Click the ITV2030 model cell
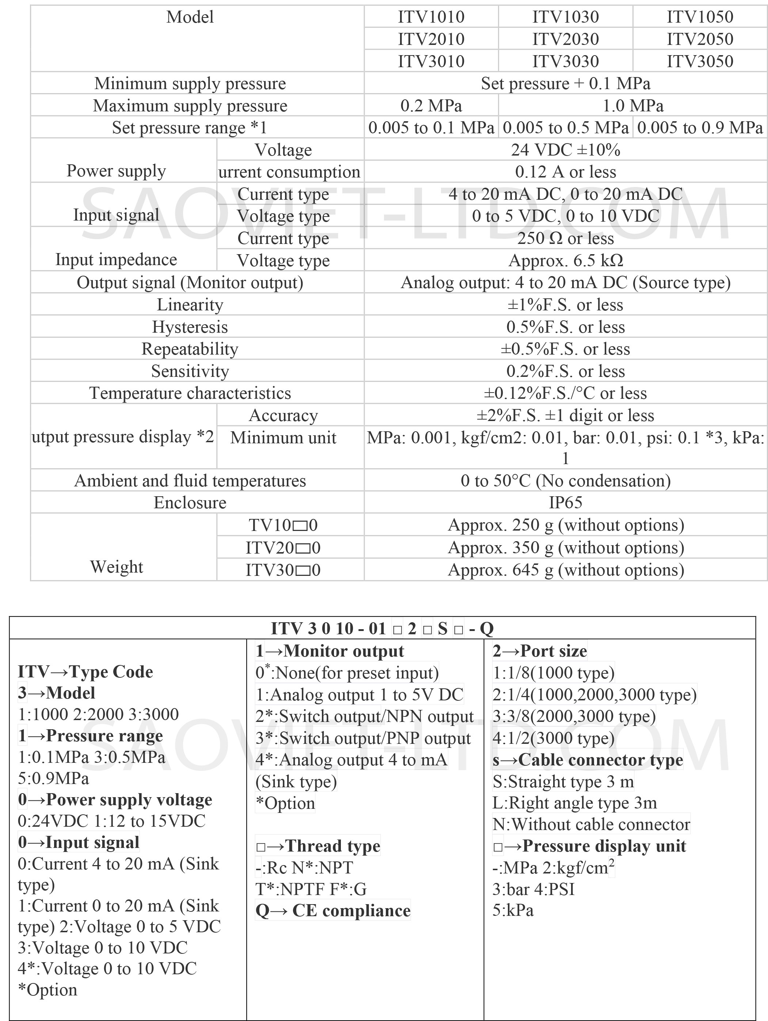(x=565, y=39)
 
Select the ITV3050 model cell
(x=700, y=61)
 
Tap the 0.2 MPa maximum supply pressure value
(x=431, y=106)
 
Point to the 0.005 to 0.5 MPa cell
(x=565, y=128)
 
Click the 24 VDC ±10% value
(x=565, y=150)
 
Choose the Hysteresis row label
(x=190, y=327)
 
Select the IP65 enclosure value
(x=565, y=502)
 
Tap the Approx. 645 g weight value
(x=565, y=570)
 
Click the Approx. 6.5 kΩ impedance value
(x=565, y=261)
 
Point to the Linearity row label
(x=190, y=305)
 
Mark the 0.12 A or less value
(x=565, y=172)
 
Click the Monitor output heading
(x=330, y=651)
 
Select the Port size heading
(x=539, y=651)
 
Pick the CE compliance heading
(x=333, y=911)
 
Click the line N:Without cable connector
(x=591, y=825)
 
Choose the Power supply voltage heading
(x=115, y=799)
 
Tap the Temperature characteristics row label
(x=190, y=393)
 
